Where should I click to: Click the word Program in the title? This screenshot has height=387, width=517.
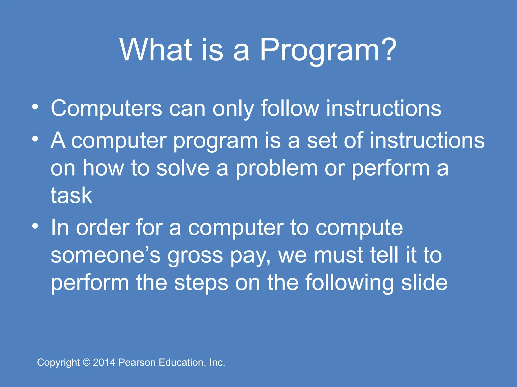[x=319, y=50]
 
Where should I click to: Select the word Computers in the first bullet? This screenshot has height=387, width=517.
[x=106, y=108]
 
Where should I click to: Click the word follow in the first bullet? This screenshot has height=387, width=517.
[x=290, y=108]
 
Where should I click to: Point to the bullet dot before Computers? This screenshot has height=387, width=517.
[x=35, y=107]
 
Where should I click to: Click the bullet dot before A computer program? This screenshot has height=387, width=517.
[x=35, y=139]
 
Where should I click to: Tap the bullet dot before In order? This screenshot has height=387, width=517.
[x=35, y=226]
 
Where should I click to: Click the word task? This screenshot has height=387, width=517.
[x=71, y=196]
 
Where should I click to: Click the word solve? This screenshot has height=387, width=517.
[x=183, y=168]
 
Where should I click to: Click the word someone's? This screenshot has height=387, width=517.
[x=106, y=255]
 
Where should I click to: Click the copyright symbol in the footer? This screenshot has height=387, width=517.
[x=87, y=363]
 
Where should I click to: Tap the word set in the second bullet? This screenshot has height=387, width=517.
[x=321, y=141]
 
